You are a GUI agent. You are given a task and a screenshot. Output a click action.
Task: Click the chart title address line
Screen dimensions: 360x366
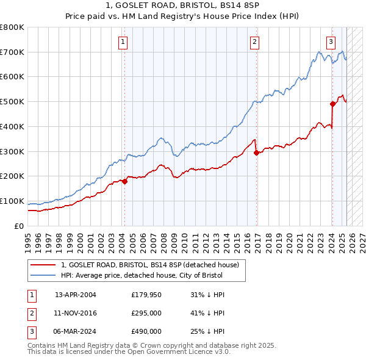tap(183, 6)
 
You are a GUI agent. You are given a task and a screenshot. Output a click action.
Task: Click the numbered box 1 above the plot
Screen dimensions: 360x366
tap(123, 42)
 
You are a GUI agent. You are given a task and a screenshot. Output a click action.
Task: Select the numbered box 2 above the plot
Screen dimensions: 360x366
tap(254, 42)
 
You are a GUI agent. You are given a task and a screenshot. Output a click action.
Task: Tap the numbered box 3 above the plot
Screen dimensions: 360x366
tap(331, 42)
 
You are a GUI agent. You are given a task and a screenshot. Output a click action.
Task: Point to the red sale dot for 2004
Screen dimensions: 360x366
tap(124, 181)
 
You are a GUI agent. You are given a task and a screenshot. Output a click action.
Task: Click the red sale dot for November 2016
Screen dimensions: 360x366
tap(256, 153)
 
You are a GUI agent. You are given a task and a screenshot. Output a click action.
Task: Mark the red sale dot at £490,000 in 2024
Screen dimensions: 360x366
tap(332, 104)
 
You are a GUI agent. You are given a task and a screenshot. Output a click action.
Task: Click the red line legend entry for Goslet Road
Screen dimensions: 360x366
tap(153, 265)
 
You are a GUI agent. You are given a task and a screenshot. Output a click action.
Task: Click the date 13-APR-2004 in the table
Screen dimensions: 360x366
tap(76, 294)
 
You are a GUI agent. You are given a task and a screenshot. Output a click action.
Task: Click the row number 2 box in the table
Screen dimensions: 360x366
tap(32, 313)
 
